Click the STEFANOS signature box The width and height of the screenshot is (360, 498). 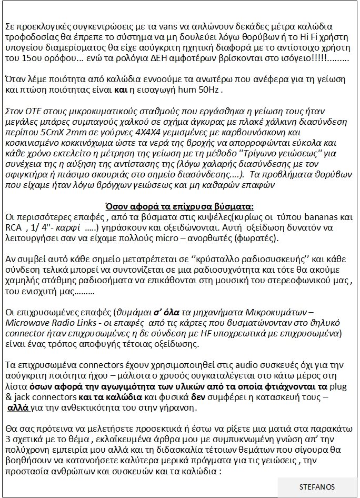tap(317, 487)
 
